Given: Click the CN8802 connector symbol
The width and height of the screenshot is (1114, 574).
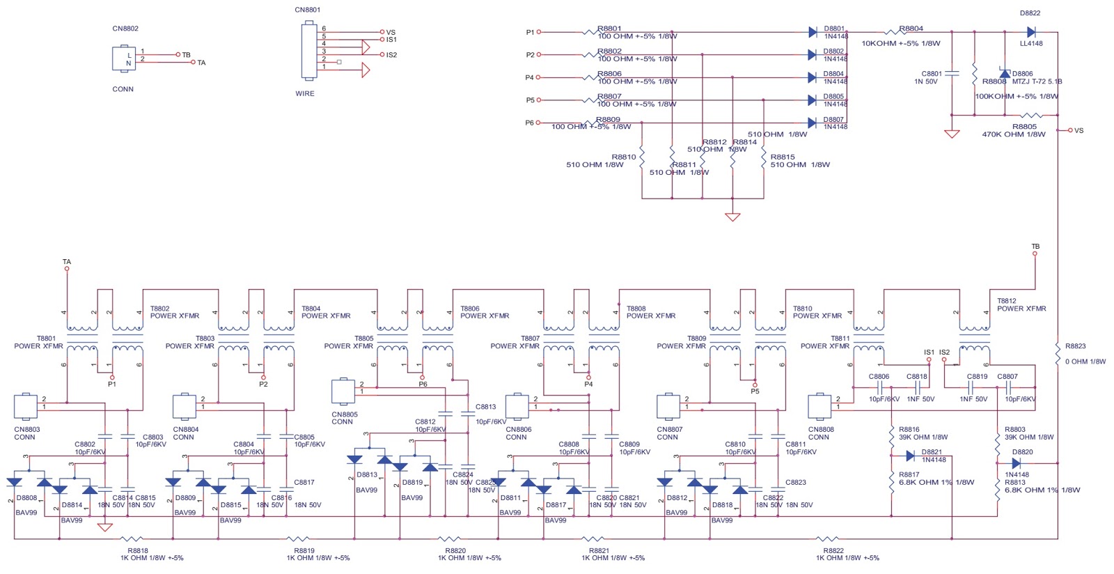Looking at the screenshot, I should point(124,59).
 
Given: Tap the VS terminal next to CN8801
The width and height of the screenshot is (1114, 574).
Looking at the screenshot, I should point(382,32).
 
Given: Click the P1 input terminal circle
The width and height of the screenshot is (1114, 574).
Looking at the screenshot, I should point(539,32).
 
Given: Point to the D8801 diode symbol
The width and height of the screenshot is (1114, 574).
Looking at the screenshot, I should point(813,32).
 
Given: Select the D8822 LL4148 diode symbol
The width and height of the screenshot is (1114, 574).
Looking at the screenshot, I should point(1031,32).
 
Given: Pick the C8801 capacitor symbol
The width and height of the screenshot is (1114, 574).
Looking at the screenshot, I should point(952,73).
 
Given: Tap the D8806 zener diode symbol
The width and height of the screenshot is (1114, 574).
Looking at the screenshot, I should point(1004,73).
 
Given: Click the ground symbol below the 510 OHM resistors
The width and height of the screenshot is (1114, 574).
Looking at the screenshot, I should point(732,217).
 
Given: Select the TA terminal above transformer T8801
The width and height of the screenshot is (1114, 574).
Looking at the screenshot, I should point(67,268).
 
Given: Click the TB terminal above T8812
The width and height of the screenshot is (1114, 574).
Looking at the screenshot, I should point(1035,254).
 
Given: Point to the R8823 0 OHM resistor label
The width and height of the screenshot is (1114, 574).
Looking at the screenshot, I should point(1076,346).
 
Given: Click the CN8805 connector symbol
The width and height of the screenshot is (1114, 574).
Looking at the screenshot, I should point(343,391).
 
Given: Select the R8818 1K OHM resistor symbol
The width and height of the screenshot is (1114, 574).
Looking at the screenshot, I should point(132,539).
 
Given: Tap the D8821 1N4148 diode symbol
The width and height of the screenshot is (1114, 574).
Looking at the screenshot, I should point(910,456).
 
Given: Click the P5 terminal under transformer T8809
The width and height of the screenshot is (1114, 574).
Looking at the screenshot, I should point(755,385).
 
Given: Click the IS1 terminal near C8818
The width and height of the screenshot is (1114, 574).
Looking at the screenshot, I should point(929,359).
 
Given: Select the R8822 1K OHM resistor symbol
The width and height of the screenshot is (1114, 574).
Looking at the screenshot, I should point(827,539).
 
